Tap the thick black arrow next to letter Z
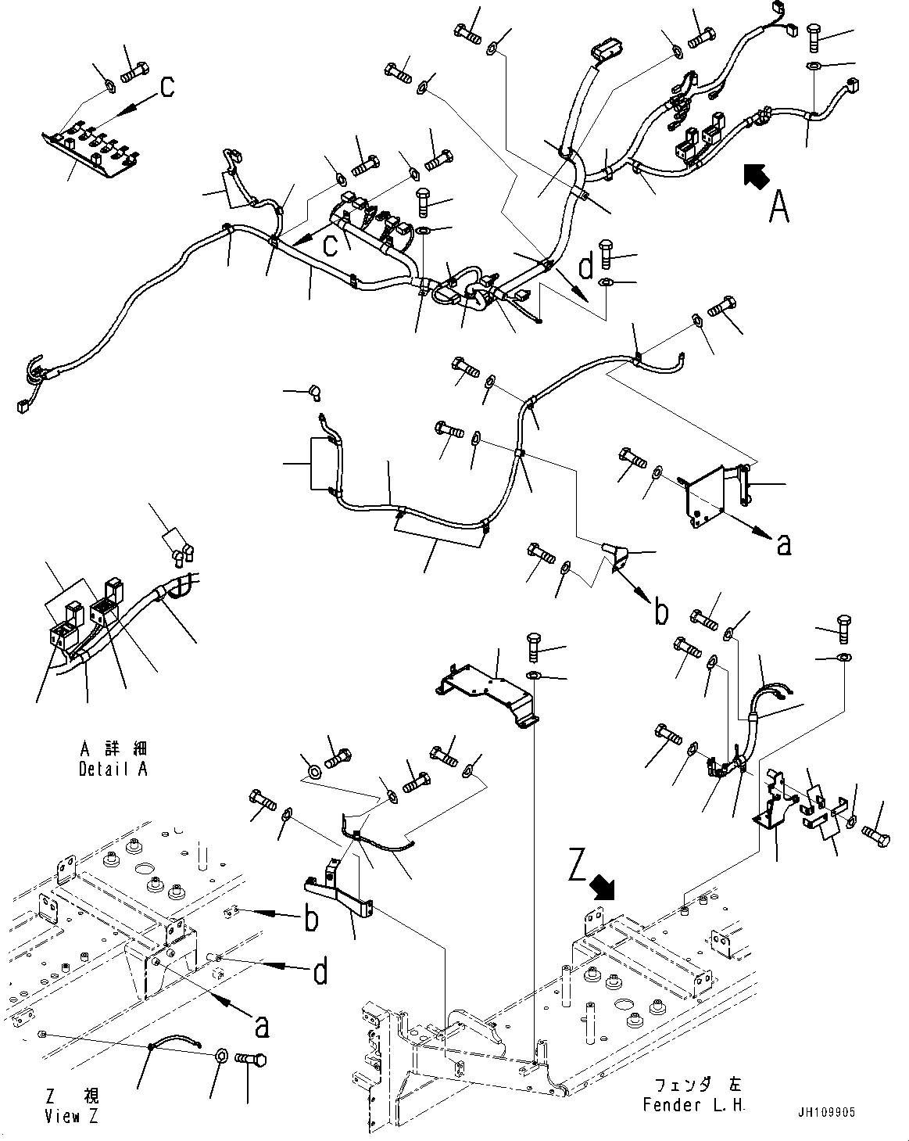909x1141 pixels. (x=603, y=887)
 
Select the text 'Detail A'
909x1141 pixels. (x=113, y=769)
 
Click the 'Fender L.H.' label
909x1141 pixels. (x=694, y=1105)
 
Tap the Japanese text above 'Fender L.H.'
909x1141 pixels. (x=694, y=1085)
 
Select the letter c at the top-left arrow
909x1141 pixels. (x=166, y=88)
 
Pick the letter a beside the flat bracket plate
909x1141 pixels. (x=783, y=545)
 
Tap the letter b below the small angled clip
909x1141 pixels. (x=661, y=612)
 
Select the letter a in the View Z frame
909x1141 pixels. (x=261, y=1026)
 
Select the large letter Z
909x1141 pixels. (x=578, y=868)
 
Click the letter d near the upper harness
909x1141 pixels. (x=585, y=267)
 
